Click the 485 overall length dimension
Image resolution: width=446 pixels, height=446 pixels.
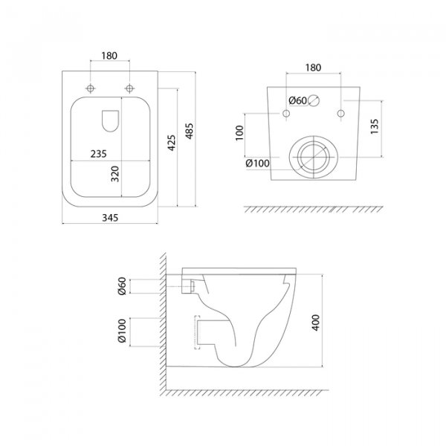tap(189, 131)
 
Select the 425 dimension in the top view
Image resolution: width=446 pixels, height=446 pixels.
tap(172, 143)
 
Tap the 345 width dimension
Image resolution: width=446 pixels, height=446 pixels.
tap(110, 218)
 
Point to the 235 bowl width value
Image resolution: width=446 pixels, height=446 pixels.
tap(98, 154)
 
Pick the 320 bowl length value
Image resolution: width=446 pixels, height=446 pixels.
tap(115, 174)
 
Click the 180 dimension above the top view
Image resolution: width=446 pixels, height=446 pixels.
tap(109, 56)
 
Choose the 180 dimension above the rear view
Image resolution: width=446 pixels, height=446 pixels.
tap(313, 68)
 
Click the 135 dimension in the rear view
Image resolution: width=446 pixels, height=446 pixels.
tap(375, 127)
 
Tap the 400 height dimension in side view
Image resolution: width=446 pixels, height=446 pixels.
tap(316, 323)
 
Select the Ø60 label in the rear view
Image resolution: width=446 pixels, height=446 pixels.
tap(297, 100)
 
